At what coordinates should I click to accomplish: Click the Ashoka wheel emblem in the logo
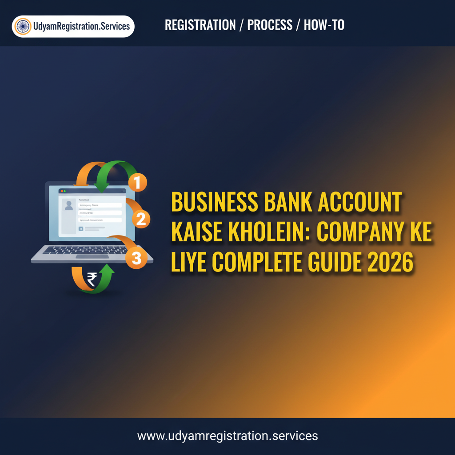(x=23, y=26)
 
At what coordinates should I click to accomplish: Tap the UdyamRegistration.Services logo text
(x=81, y=26)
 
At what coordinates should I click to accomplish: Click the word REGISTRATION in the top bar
(x=200, y=25)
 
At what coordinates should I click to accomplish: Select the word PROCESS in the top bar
(x=270, y=25)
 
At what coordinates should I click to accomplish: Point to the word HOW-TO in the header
(x=324, y=25)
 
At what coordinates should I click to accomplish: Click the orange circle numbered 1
(x=137, y=182)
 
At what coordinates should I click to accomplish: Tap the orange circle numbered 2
(x=141, y=219)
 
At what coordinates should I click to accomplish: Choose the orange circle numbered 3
(x=136, y=259)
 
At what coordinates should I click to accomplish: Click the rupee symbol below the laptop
(x=92, y=279)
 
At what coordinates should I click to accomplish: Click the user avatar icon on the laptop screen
(x=69, y=205)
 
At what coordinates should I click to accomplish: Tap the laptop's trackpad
(x=92, y=256)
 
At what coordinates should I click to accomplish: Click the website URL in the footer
(x=227, y=435)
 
